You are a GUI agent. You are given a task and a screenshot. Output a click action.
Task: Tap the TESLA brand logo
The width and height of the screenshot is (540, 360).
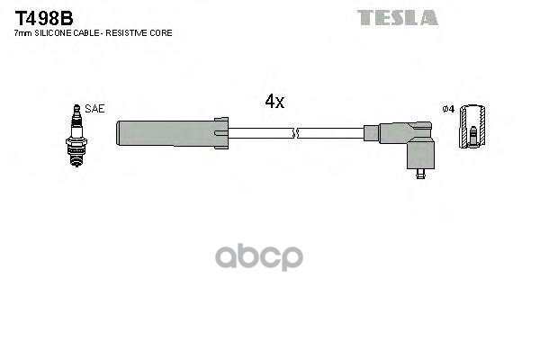[x=397, y=18]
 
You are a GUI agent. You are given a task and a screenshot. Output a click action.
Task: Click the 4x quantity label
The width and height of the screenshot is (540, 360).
[x=274, y=103]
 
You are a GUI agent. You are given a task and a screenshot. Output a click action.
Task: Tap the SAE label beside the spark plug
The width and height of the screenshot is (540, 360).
[x=96, y=108]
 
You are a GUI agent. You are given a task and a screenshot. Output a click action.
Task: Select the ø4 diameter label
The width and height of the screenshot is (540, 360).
[x=450, y=109]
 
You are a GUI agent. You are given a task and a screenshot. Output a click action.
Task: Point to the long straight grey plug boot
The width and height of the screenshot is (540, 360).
[x=166, y=133]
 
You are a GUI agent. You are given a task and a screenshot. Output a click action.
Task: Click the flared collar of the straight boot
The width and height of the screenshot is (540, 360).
[x=221, y=133]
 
